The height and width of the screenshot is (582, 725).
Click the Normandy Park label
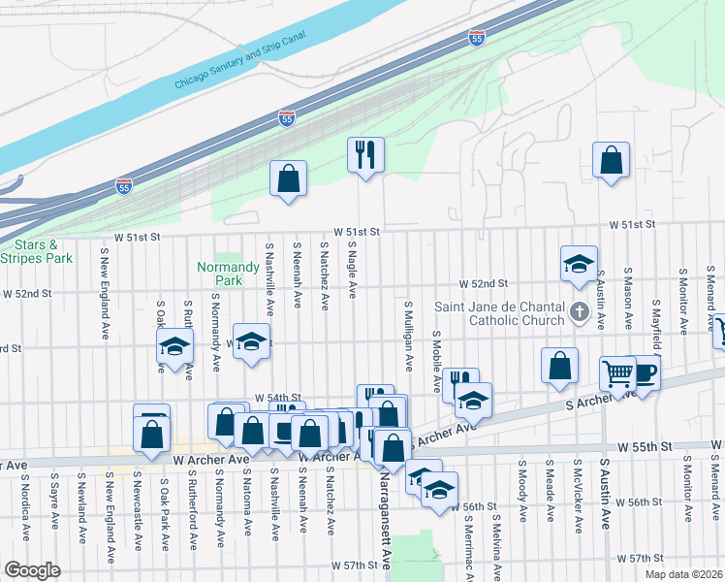click(x=218, y=274)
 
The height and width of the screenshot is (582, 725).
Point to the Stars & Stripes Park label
click(x=36, y=252)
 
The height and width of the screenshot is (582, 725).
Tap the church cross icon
click(x=580, y=311)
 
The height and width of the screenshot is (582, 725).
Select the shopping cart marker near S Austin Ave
click(x=617, y=372)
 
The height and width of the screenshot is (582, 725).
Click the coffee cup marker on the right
click(x=644, y=372)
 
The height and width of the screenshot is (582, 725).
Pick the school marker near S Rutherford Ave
click(x=175, y=346)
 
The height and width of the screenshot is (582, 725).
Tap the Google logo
click(x=32, y=569)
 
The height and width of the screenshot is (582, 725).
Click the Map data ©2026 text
click(x=683, y=574)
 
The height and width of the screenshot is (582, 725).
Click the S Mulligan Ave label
click(x=409, y=335)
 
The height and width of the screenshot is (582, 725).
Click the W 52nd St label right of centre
click(x=485, y=283)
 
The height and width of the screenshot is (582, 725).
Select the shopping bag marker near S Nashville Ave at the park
click(x=288, y=178)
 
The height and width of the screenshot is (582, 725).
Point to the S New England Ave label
click(x=103, y=291)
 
